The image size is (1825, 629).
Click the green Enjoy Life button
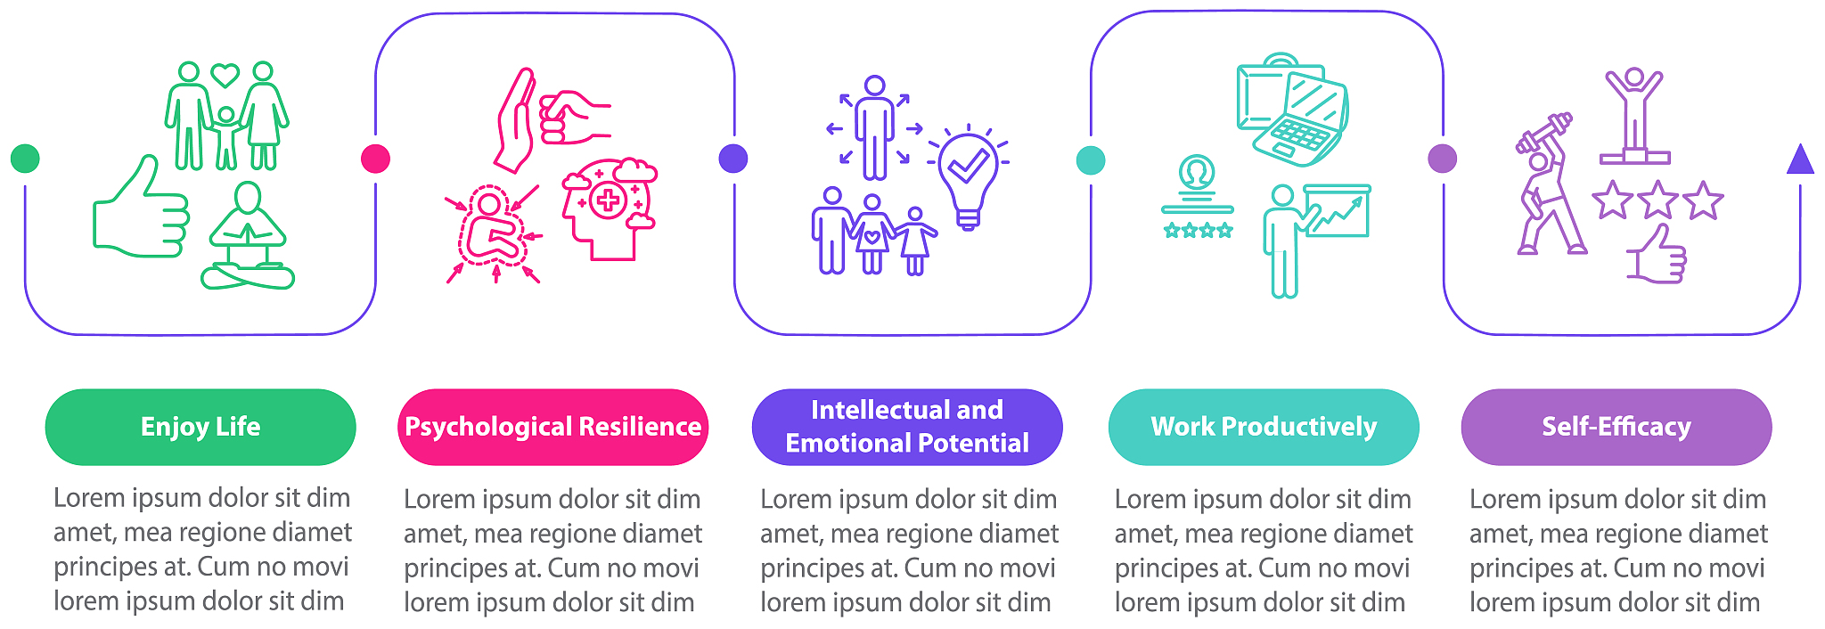[201, 427]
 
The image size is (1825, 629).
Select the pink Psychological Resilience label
[552, 427]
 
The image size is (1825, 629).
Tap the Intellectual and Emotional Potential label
[907, 427]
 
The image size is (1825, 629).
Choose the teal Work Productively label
[1264, 427]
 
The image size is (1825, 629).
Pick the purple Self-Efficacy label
[1616, 427]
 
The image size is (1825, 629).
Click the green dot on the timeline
[25, 159]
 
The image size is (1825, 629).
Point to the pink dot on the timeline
[376, 159]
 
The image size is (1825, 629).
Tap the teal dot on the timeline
[1091, 160]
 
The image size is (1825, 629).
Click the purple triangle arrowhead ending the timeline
[1800, 159]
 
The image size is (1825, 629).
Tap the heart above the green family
[225, 74]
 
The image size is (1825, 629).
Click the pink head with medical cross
[609, 209]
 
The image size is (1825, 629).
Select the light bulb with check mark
[969, 176]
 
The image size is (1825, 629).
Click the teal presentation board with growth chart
[1337, 211]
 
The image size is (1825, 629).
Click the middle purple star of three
[1657, 200]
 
